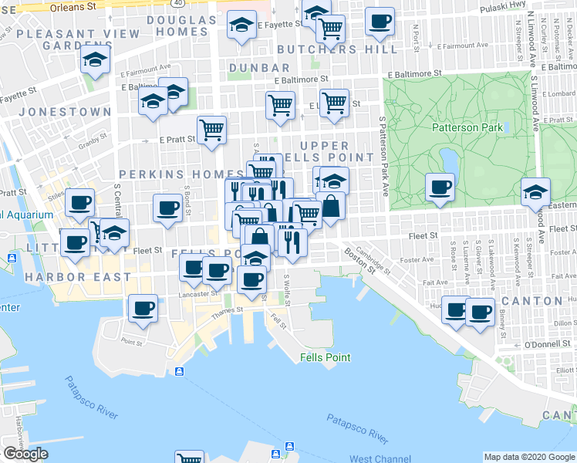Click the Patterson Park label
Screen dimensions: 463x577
point(467,128)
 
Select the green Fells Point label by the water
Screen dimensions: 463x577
point(326,357)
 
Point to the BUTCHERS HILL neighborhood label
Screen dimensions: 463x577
point(337,49)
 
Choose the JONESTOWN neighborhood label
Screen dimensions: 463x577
point(65,112)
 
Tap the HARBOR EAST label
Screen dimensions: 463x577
point(78,276)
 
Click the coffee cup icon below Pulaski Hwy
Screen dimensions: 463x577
point(379,22)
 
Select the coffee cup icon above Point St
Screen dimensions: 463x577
point(143,308)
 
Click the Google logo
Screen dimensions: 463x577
point(25,454)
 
